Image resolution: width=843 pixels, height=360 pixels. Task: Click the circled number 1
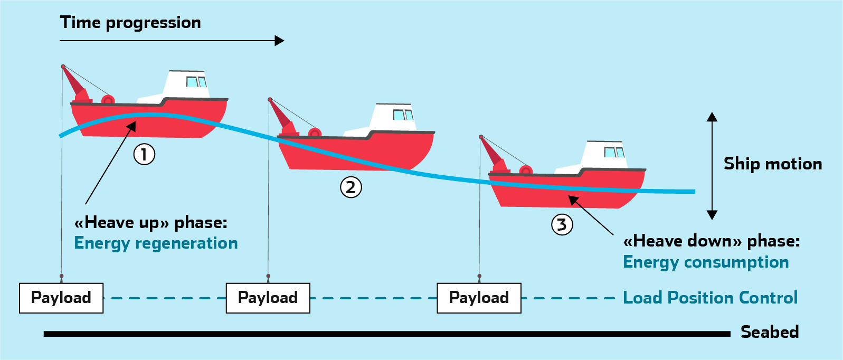pos(144,155)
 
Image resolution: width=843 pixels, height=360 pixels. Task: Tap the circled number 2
pos(351,187)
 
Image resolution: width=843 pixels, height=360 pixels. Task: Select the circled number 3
pos(562,224)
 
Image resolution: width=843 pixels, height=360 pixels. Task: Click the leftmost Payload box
pos(61,298)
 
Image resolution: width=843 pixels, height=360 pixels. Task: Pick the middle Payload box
pos(268,298)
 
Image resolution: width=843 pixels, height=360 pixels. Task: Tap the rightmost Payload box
pos(479,298)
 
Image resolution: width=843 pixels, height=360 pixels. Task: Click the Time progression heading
pos(130,23)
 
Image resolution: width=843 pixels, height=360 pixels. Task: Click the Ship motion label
pos(773,164)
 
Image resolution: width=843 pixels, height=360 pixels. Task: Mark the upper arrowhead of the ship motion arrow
pos(712,117)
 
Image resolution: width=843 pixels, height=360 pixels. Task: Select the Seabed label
pos(770,332)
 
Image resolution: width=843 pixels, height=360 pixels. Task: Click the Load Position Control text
pos(710,298)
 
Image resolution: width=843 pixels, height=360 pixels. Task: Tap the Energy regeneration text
pos(156,243)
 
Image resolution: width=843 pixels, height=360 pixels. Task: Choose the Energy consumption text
pos(706,262)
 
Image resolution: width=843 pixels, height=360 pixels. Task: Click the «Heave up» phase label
pos(151,222)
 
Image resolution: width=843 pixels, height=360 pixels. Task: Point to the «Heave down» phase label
pos(712,241)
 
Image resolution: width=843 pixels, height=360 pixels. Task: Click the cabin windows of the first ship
pos(196,82)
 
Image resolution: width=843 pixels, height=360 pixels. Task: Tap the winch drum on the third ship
pos(525,170)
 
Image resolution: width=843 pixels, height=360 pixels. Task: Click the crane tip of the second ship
pos(270,99)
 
